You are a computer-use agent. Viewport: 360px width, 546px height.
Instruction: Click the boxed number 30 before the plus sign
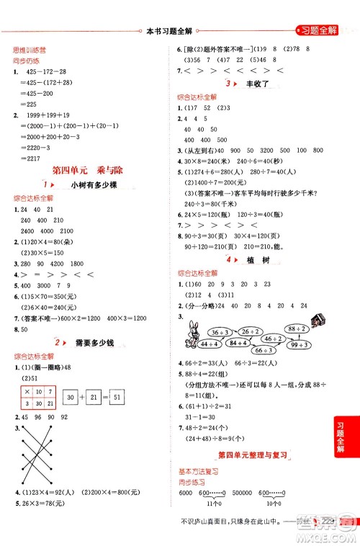click(70, 398)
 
